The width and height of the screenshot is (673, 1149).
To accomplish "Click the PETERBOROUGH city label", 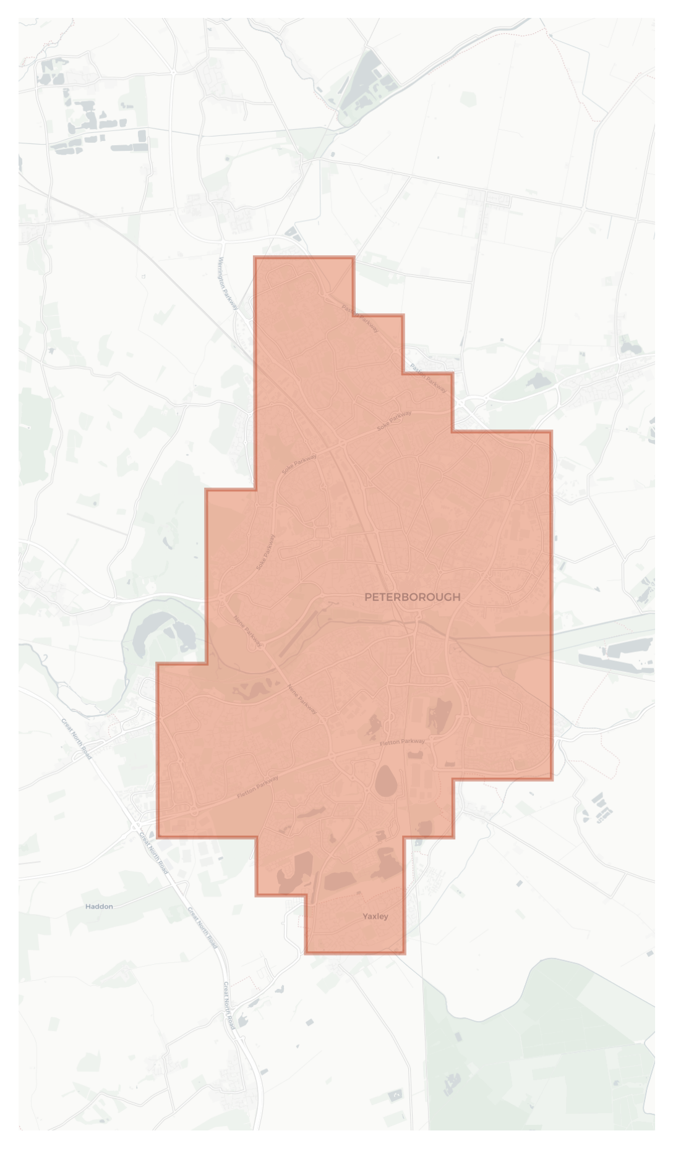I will coord(412,596).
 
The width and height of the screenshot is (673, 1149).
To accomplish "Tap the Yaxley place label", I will coord(375,916).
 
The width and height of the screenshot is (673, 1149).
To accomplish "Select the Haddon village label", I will coord(99,906).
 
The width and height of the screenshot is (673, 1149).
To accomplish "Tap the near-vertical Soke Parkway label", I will coord(266,552).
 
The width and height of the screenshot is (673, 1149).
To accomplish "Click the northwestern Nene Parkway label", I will coord(247,631).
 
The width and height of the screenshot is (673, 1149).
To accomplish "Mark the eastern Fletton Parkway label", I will coord(402,742).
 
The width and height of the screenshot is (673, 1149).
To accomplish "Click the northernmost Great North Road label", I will coord(77,739).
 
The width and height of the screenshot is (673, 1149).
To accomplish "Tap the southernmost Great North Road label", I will coord(228,1004).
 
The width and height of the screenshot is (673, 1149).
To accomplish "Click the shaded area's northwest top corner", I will coord(255,258).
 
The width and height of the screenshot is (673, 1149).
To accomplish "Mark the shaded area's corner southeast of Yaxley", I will coord(405,953).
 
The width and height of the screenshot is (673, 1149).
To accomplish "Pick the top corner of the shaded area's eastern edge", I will coord(551,431).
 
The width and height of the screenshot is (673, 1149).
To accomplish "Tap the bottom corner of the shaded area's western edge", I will coord(158,836).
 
